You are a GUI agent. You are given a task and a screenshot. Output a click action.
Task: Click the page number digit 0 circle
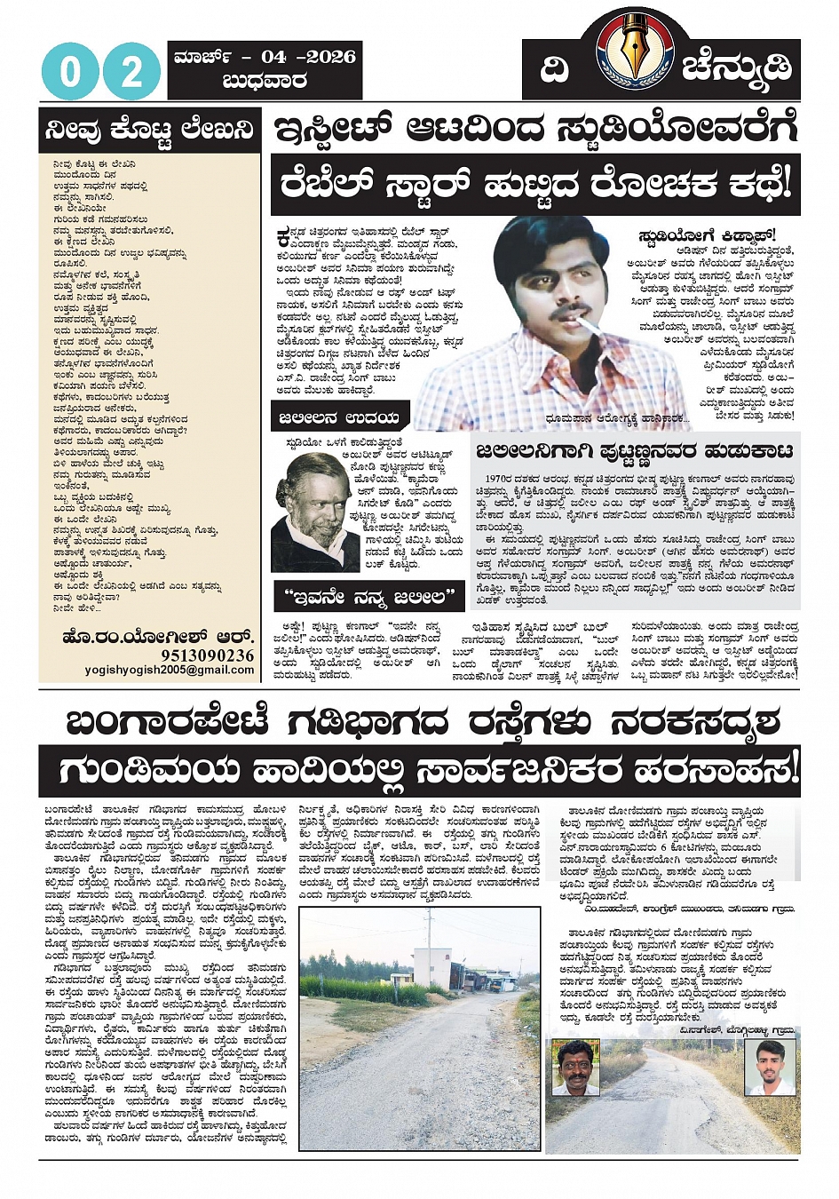click(x=70, y=71)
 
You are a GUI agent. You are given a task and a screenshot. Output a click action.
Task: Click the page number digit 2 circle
click(x=131, y=71)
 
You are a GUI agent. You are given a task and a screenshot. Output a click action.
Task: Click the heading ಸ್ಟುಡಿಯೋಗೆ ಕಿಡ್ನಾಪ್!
click(x=705, y=235)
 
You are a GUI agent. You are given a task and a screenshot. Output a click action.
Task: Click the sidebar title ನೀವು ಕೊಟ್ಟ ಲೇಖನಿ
click(x=149, y=131)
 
